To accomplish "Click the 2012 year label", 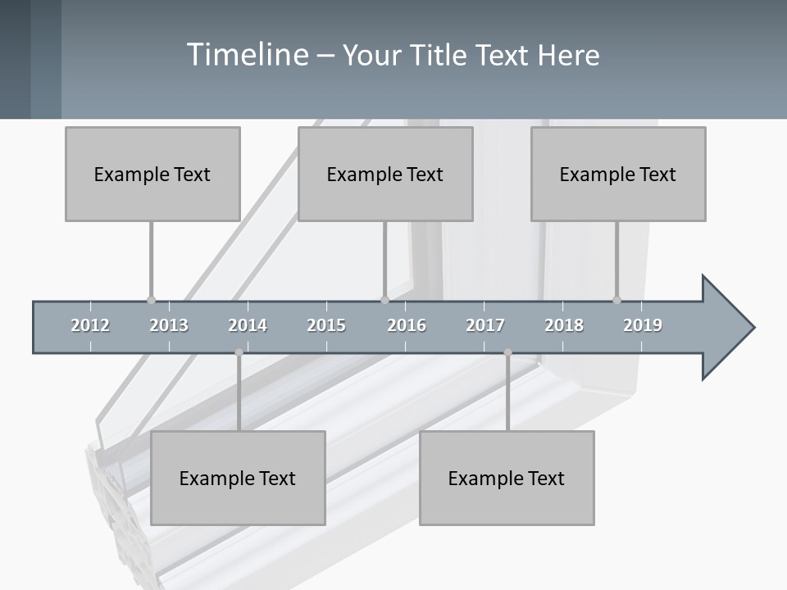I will click(90, 325).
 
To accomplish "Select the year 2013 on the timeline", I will click(169, 325).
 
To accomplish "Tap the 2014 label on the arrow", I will click(248, 325).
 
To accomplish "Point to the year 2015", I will click(326, 325).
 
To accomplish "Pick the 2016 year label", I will click(407, 325).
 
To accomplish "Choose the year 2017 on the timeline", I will click(485, 325).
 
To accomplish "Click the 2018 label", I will click(564, 325).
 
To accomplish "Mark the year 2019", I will click(643, 325).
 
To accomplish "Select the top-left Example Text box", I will click(152, 174).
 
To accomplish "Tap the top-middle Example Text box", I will click(385, 174).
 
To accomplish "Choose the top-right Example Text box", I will click(618, 174).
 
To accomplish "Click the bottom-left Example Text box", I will click(238, 478).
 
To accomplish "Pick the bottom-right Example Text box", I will click(507, 478).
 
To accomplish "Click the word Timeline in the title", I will click(247, 55).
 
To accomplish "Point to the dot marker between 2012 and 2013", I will click(151, 300).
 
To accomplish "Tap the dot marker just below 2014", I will click(239, 352).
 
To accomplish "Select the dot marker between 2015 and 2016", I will click(384, 300).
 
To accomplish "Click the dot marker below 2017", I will click(507, 352).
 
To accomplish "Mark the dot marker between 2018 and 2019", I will click(617, 300).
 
